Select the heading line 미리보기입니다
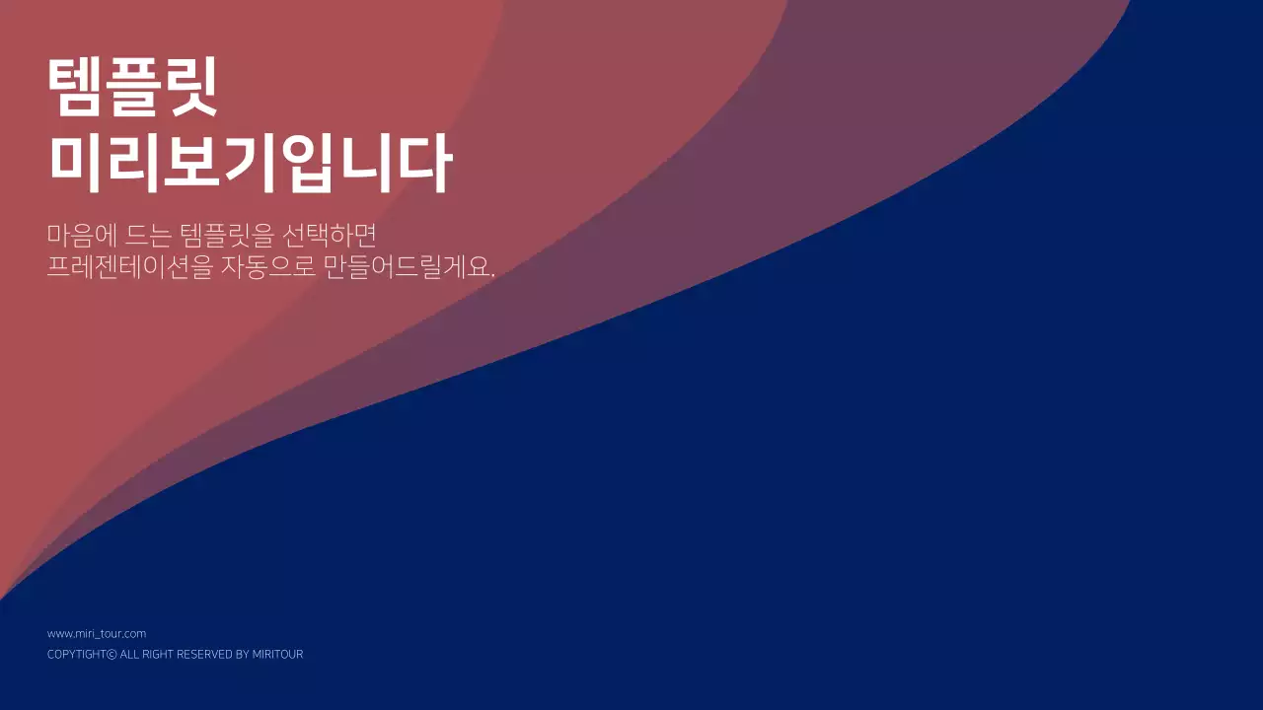click(250, 164)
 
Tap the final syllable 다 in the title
click(425, 164)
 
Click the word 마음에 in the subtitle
click(83, 236)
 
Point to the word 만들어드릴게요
click(406, 266)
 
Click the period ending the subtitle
click(492, 274)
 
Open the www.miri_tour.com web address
click(97, 634)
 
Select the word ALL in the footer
click(129, 655)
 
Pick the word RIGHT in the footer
click(158, 655)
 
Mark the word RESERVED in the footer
click(205, 655)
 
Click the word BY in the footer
click(243, 655)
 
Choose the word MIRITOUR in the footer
click(278, 655)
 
